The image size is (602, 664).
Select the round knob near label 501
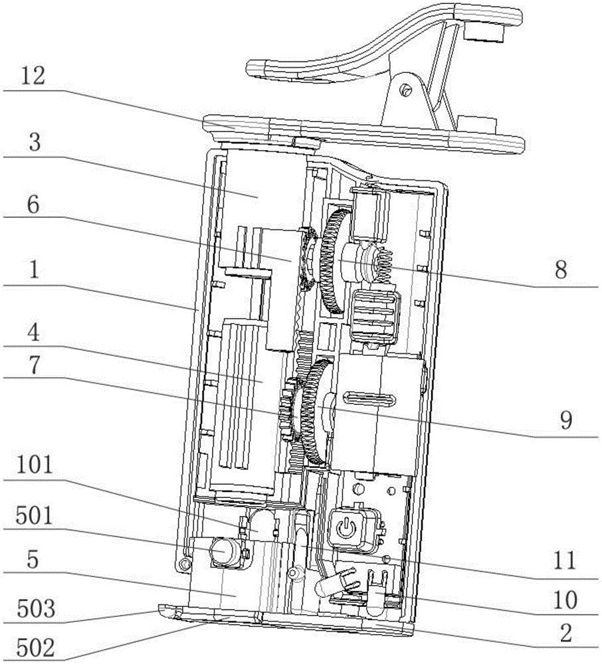pos(221,550)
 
